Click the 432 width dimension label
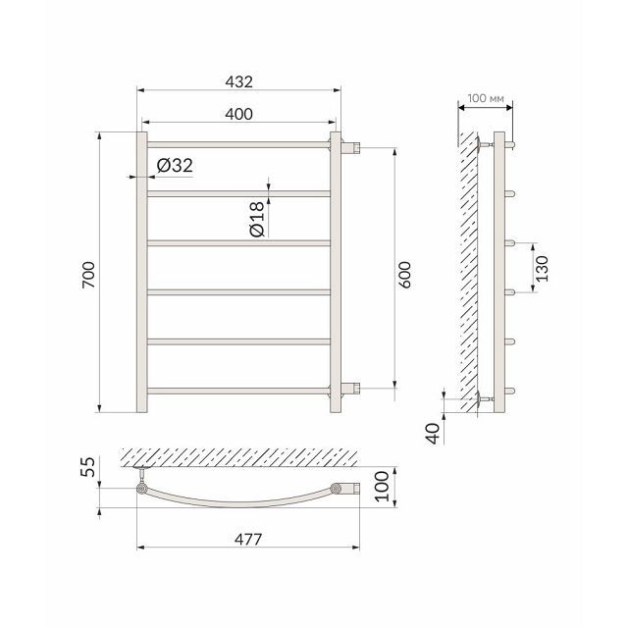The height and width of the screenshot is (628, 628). pyautogui.click(x=239, y=81)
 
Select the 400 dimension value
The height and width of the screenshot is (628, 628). pyautogui.click(x=239, y=114)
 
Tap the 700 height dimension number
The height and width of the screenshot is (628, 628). pyautogui.click(x=88, y=275)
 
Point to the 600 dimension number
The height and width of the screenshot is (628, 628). pyautogui.click(x=404, y=275)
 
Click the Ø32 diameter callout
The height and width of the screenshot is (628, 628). pyautogui.click(x=175, y=166)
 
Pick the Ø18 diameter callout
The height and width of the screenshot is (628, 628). pyautogui.click(x=257, y=219)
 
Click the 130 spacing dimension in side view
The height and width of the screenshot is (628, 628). pyautogui.click(x=542, y=268)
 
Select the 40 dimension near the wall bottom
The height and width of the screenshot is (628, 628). pyautogui.click(x=434, y=434)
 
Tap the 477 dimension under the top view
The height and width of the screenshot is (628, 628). pyautogui.click(x=248, y=539)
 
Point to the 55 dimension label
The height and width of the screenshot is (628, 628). pyautogui.click(x=87, y=467)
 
